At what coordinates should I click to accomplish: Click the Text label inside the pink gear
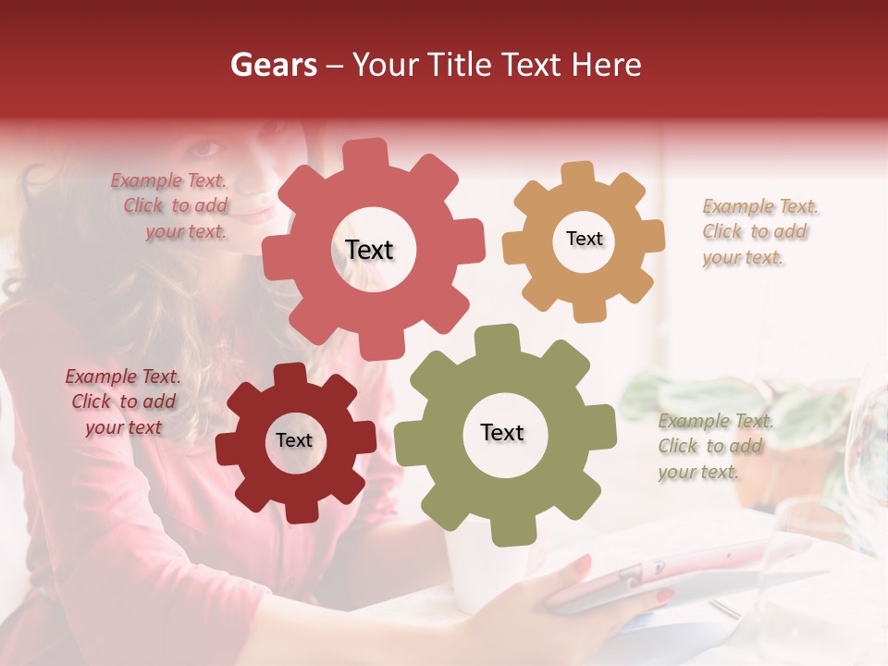pos(369,250)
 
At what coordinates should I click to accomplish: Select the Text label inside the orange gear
pos(584,239)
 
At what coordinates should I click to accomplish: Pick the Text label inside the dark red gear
pos(294,440)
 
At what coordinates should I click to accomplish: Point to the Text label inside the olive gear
pos(502,432)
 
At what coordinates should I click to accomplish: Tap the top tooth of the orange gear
pos(578,173)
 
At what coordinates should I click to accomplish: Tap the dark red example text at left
pos(123,401)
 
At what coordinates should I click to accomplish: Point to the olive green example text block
pos(712,446)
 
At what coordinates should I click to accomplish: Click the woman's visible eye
pos(208,147)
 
